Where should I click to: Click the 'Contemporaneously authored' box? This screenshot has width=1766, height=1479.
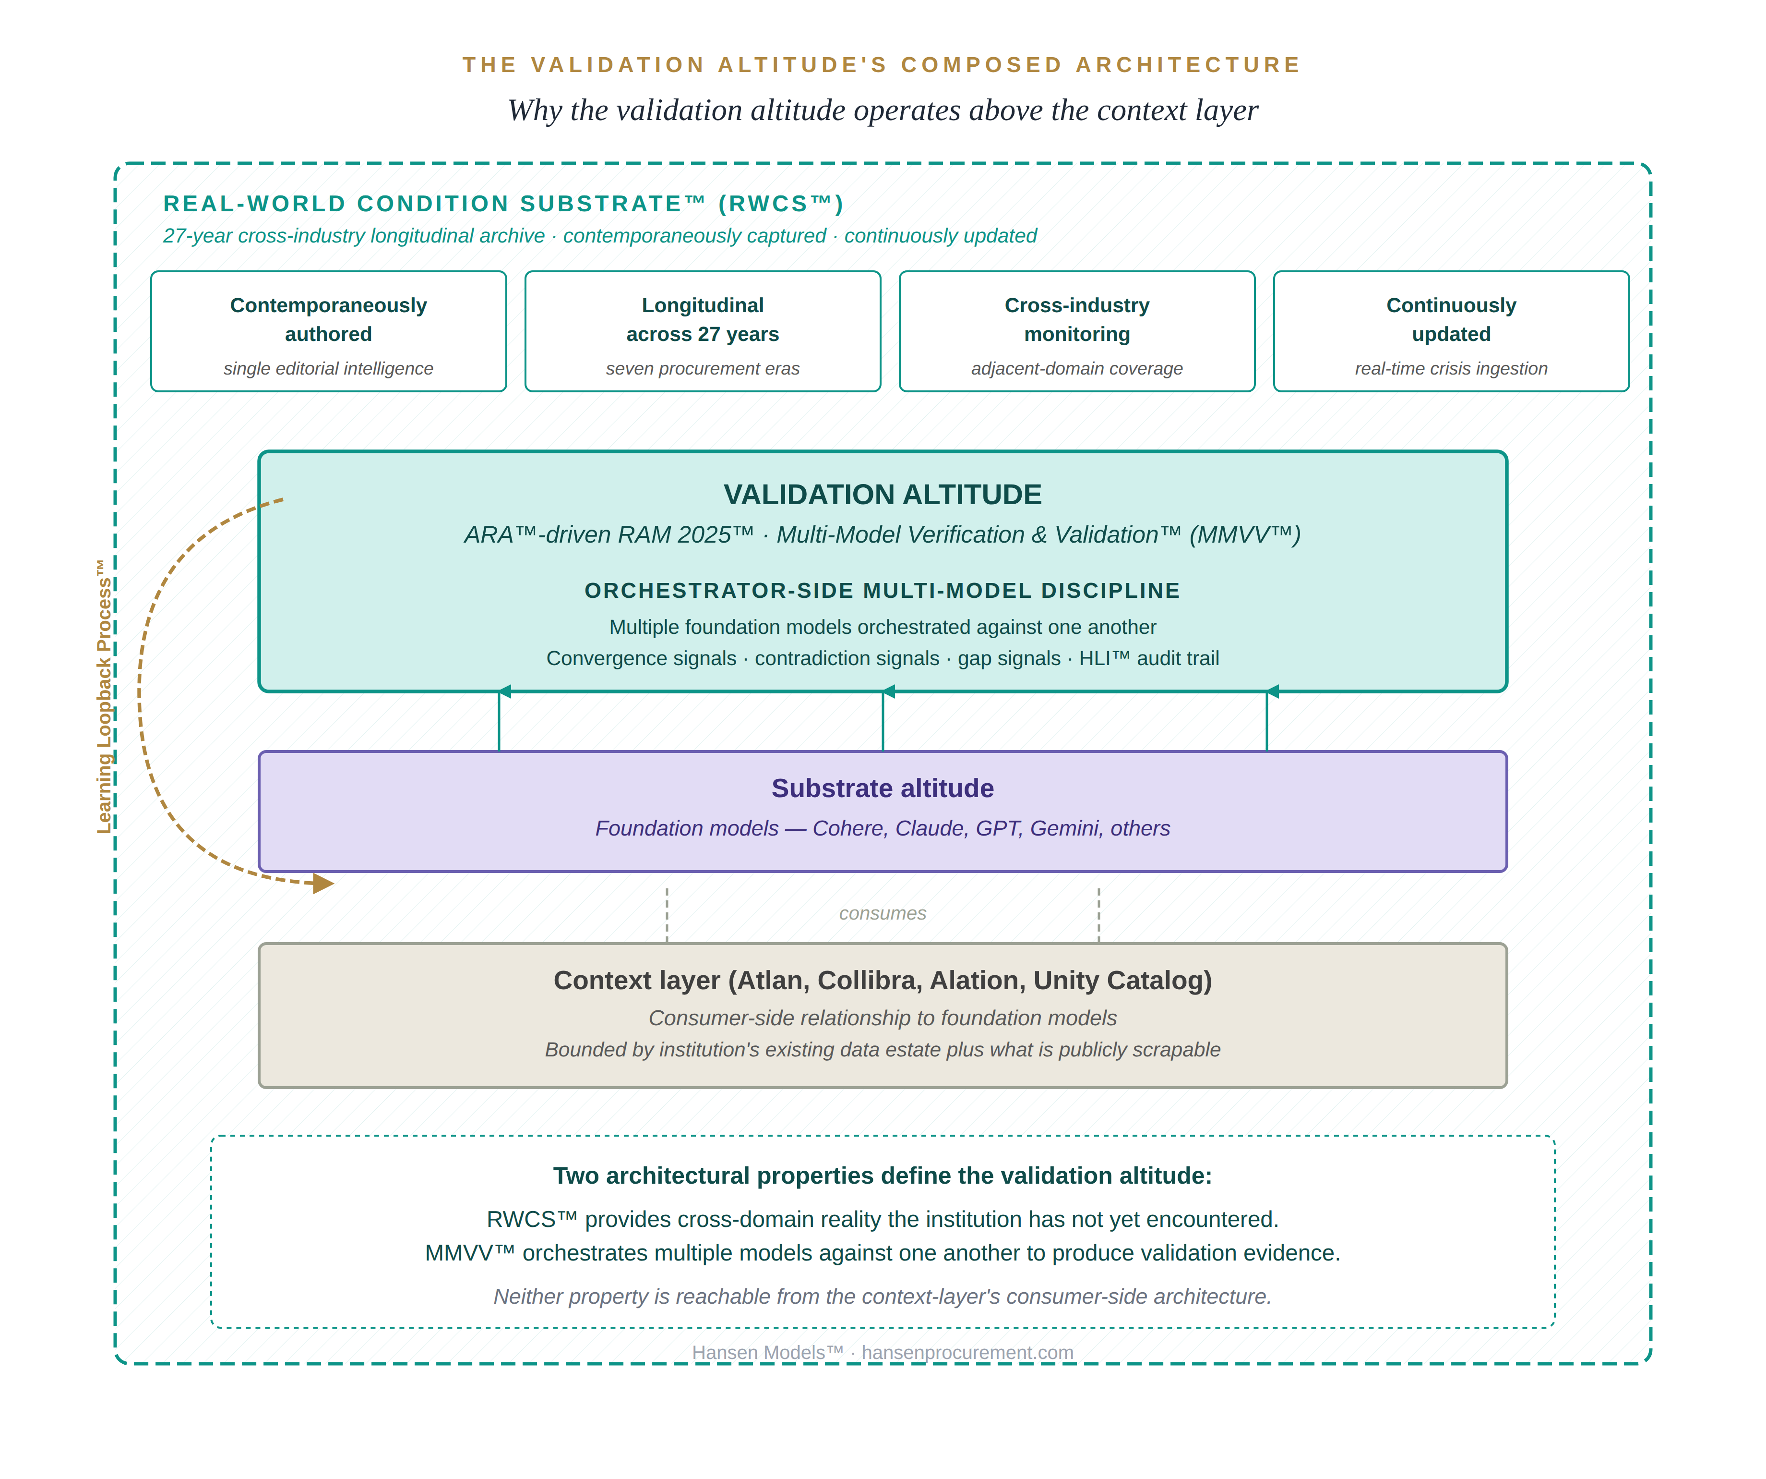(328, 331)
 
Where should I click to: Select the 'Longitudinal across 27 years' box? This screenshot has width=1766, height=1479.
(702, 331)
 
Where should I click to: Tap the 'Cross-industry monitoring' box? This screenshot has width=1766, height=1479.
(1076, 331)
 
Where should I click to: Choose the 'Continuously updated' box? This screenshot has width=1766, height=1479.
(1451, 331)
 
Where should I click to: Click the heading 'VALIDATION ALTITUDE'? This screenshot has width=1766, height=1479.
(882, 495)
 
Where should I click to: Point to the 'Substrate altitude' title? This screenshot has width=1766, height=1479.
(882, 788)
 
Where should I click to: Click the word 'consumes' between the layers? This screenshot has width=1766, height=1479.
(882, 914)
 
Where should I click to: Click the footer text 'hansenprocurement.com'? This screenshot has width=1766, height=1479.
(967, 1353)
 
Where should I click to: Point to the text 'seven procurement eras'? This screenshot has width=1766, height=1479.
(702, 368)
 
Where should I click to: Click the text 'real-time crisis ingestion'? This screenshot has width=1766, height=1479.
(1451, 368)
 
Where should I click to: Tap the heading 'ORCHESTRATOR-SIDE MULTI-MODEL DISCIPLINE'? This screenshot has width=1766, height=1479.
(882, 591)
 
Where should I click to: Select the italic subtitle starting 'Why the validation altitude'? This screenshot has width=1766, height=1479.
(882, 110)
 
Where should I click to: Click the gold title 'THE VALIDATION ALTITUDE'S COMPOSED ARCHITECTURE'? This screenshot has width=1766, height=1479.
(882, 65)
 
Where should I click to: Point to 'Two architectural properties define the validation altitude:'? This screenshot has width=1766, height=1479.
(882, 1176)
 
